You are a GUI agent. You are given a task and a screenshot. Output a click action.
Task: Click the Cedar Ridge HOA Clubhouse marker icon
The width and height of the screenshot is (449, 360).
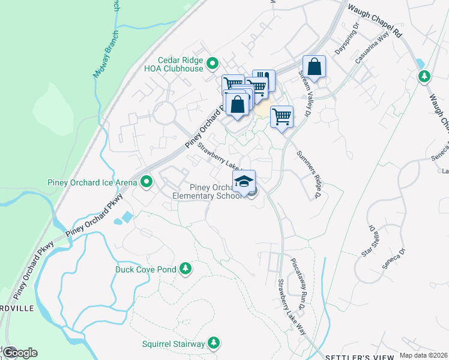(x=212, y=63)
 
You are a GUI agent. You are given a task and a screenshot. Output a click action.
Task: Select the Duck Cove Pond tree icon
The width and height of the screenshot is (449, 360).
(x=185, y=269)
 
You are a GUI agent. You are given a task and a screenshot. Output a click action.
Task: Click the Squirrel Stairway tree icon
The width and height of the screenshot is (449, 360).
(x=213, y=343)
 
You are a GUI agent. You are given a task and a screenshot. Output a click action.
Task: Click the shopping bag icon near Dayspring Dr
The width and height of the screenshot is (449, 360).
(x=314, y=67)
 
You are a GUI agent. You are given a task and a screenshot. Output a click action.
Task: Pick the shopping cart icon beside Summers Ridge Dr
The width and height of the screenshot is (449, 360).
(x=282, y=116)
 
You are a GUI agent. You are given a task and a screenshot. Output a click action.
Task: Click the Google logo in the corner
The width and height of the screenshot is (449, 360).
(x=19, y=352)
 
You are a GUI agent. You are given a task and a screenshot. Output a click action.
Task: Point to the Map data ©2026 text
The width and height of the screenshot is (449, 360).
(x=423, y=355)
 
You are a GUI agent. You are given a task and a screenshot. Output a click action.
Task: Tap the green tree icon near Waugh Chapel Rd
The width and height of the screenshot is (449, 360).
(x=424, y=76)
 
